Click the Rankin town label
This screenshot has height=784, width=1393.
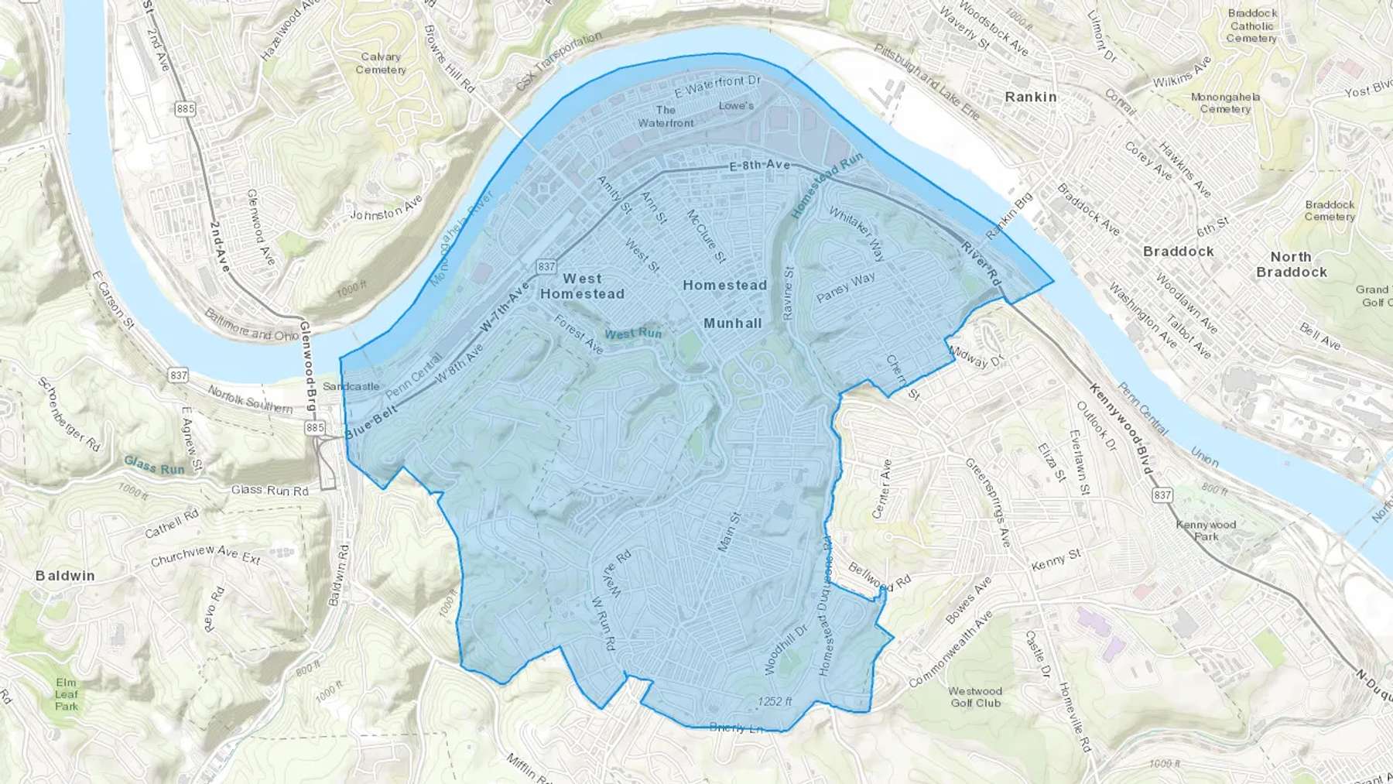tap(1030, 97)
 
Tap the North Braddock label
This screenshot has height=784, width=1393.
tap(1291, 264)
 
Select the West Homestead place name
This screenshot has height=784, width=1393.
tap(582, 286)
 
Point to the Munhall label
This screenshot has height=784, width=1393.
tap(732, 323)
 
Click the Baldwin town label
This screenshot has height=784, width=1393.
tap(65, 575)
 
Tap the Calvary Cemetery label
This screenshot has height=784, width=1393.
tap(381, 63)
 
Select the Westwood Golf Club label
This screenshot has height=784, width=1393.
tap(975, 697)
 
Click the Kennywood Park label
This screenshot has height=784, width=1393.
tap(1206, 530)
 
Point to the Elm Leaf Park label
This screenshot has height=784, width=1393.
tap(67, 693)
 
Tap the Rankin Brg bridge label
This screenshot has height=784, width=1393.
tap(1010, 216)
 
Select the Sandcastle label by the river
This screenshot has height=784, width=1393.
tap(351, 386)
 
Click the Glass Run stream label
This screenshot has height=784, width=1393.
tap(154, 465)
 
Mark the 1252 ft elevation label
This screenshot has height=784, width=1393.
tap(775, 701)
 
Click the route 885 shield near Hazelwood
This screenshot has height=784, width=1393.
tap(185, 108)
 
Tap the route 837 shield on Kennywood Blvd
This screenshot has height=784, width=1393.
tap(1162, 495)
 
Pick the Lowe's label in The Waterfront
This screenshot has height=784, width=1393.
tap(735, 105)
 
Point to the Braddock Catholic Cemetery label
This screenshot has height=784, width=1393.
tap(1251, 26)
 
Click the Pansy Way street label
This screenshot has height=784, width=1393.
tap(845, 287)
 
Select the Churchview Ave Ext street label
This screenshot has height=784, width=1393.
tap(206, 555)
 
